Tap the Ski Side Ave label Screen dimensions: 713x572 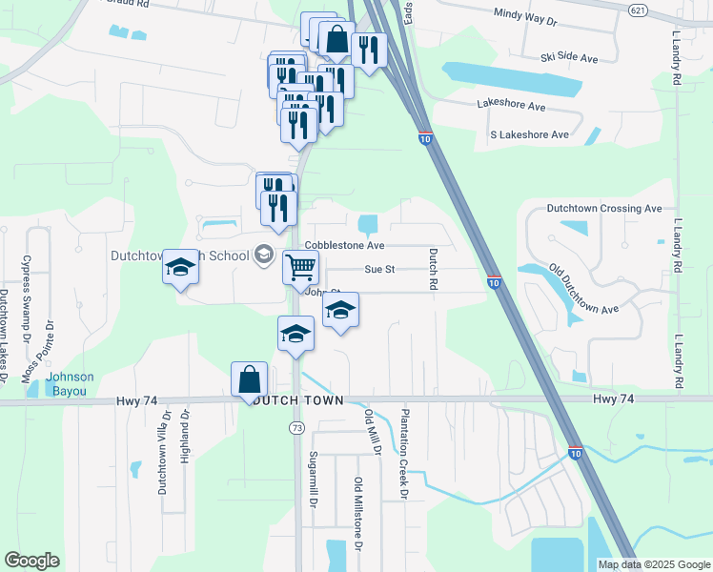pos(569,59)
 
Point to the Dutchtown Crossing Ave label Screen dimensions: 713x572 pos(603,208)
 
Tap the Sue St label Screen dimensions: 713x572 pos(379,270)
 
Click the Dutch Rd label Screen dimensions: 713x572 pos(433,269)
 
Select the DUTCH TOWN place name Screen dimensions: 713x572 pos(295,402)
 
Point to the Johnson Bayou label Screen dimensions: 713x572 pos(70,383)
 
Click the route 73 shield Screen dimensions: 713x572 pos(297,429)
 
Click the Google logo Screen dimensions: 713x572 pos(31,561)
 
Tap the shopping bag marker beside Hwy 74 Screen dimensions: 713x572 pos(249,378)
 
